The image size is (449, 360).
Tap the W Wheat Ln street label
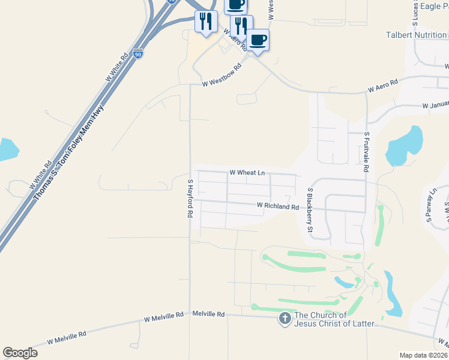coord(247,173)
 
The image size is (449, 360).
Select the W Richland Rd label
coord(277,206)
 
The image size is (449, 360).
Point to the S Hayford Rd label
coord(190,198)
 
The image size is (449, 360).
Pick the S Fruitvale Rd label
coord(366,152)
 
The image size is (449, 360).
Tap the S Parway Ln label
coord(432,205)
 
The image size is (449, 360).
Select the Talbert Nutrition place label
coord(417,35)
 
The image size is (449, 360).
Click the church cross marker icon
coord(285,319)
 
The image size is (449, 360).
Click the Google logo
coord(20,353)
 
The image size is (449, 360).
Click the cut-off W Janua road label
coord(435,106)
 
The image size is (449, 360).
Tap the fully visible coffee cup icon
coord(258,40)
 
